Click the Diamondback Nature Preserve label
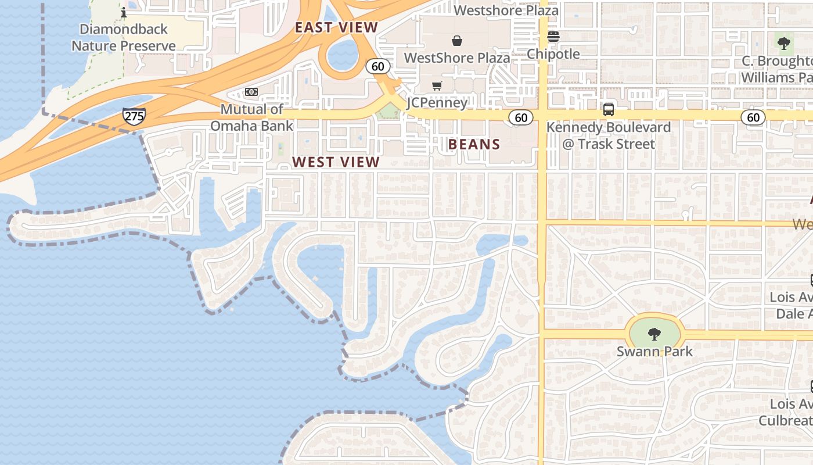123,37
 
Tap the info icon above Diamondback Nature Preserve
123,12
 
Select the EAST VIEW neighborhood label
336,27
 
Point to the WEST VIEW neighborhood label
336,162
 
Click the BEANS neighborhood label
474,145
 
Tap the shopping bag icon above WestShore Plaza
457,41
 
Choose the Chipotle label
553,54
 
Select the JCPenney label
437,103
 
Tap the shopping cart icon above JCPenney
437,86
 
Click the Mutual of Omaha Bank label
251,117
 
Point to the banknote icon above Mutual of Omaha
251,92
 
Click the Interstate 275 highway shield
134,116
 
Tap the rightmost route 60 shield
753,117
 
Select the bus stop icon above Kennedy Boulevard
609,109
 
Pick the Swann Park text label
654,351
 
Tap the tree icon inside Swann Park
654,334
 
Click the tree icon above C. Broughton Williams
784,42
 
